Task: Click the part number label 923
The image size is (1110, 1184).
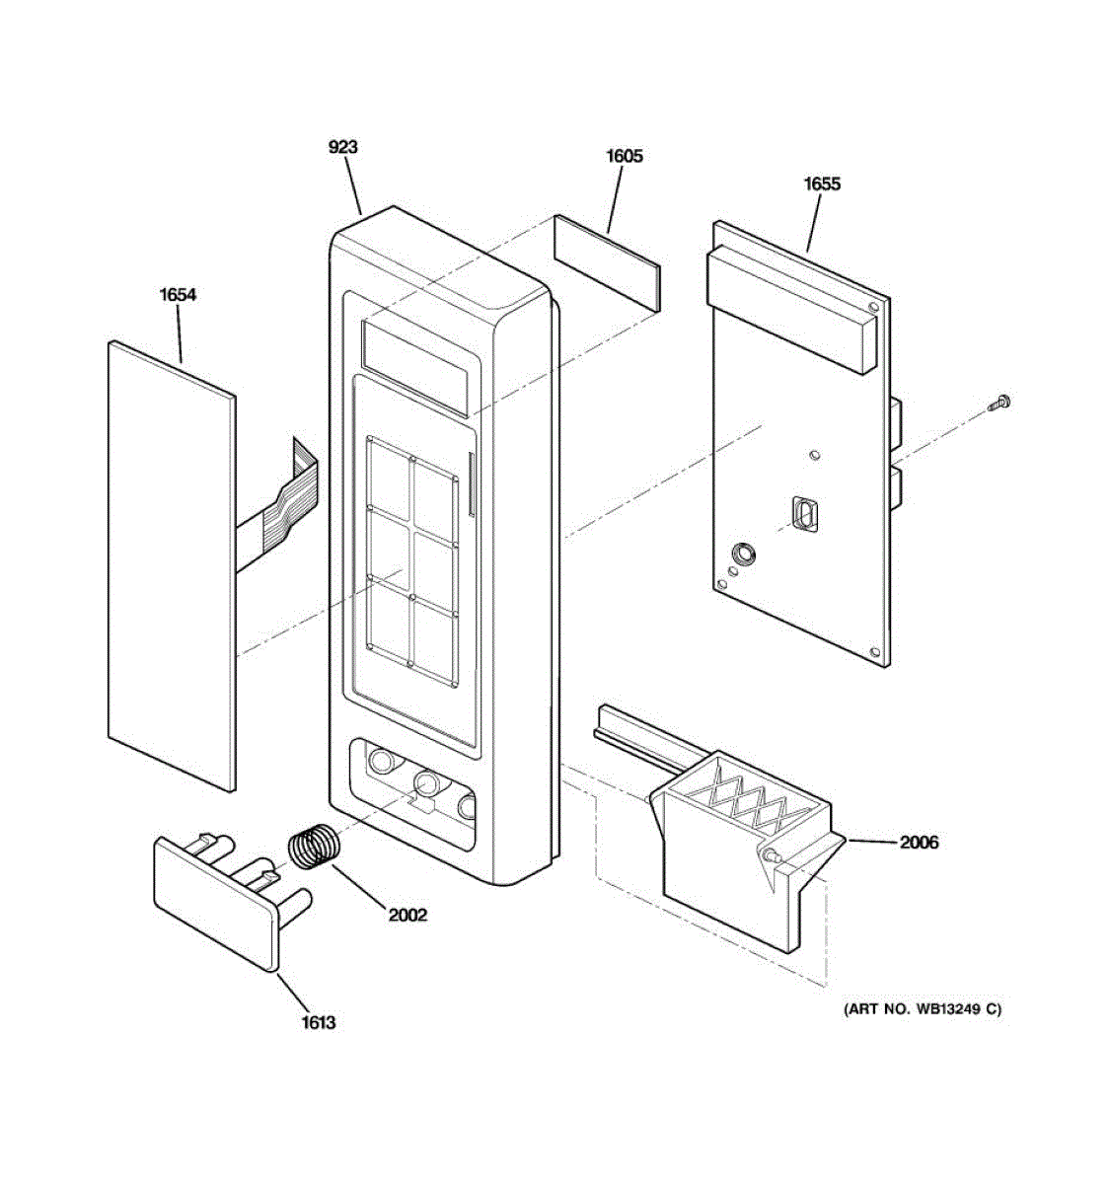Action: (342, 147)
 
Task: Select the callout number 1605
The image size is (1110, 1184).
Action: (624, 156)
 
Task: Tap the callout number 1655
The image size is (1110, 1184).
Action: (821, 184)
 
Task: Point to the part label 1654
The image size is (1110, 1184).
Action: (178, 294)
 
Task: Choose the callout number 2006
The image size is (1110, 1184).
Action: (918, 842)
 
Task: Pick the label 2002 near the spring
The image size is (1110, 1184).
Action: (407, 915)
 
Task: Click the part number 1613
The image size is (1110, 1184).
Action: (319, 1022)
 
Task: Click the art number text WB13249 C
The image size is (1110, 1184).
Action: (922, 1009)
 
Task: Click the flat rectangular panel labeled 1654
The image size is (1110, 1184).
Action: (170, 562)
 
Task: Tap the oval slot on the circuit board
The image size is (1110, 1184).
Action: (805, 514)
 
